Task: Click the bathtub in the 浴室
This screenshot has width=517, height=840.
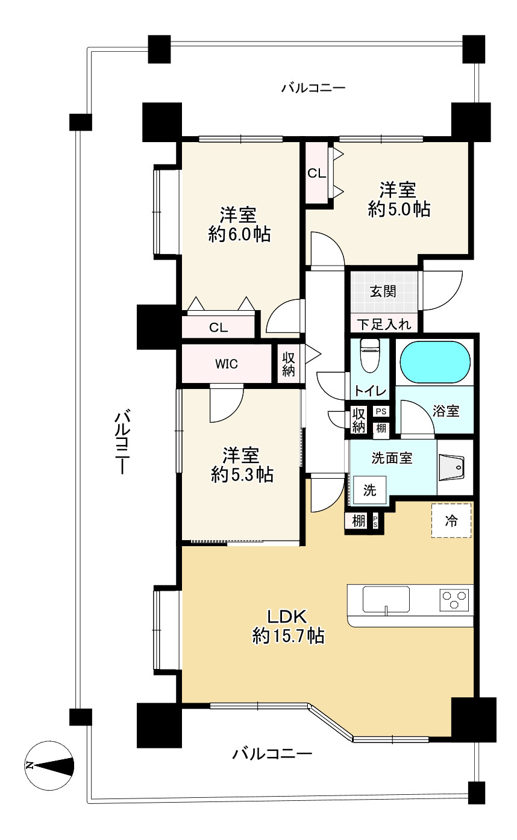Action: tap(435, 362)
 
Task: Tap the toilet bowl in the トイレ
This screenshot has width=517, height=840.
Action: tap(370, 355)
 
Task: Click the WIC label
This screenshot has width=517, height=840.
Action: tap(226, 364)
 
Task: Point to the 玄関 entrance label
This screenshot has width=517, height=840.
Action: tap(383, 291)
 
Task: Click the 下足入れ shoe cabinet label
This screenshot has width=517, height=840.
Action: tap(384, 325)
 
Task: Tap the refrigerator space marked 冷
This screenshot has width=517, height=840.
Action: tap(451, 521)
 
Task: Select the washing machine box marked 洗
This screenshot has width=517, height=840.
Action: tap(369, 490)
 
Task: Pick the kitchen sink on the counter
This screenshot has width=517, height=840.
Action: tap(386, 599)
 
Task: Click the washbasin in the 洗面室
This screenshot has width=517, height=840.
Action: tap(451, 467)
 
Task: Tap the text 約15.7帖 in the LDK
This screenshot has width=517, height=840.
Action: tap(288, 636)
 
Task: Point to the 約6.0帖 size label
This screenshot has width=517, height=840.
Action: tap(239, 234)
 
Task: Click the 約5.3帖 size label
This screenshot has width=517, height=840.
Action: tap(242, 474)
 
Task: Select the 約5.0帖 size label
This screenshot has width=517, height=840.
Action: tap(399, 209)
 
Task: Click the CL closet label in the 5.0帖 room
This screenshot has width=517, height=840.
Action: tap(317, 173)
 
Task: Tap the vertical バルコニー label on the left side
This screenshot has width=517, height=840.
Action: tap(122, 443)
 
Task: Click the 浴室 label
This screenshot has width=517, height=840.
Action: tap(446, 411)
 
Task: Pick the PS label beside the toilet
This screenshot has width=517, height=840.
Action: tap(381, 411)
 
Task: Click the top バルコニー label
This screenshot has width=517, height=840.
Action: tap(313, 89)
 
